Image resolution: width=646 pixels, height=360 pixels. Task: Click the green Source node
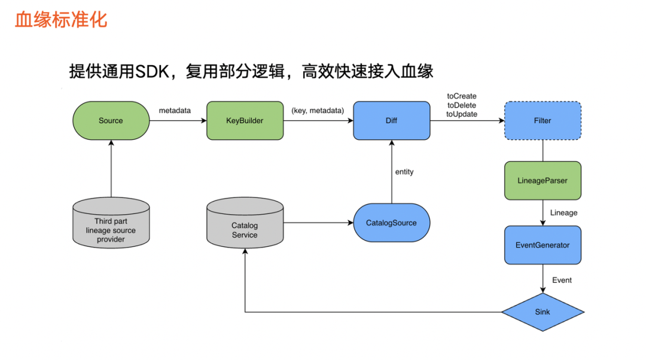(111, 121)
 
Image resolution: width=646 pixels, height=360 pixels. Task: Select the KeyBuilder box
(245, 121)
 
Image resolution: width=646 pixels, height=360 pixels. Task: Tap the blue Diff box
(391, 121)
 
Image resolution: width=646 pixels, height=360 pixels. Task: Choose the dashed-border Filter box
(542, 121)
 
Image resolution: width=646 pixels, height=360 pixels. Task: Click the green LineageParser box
(542, 181)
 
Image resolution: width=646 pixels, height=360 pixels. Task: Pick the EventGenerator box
(542, 245)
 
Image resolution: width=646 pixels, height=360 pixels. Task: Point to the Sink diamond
(542, 312)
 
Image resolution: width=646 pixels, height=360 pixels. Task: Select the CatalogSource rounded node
(391, 223)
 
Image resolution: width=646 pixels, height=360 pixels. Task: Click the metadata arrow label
(175, 111)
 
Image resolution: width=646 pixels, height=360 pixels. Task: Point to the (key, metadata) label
(317, 111)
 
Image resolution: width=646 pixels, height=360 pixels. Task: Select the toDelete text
(462, 105)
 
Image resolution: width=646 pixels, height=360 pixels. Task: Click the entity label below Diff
(404, 172)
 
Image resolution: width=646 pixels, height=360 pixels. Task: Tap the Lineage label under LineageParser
(563, 213)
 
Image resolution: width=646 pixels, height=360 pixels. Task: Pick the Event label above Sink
(562, 280)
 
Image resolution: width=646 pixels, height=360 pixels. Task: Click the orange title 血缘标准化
(61, 19)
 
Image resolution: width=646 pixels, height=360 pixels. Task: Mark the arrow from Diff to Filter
(467, 121)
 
